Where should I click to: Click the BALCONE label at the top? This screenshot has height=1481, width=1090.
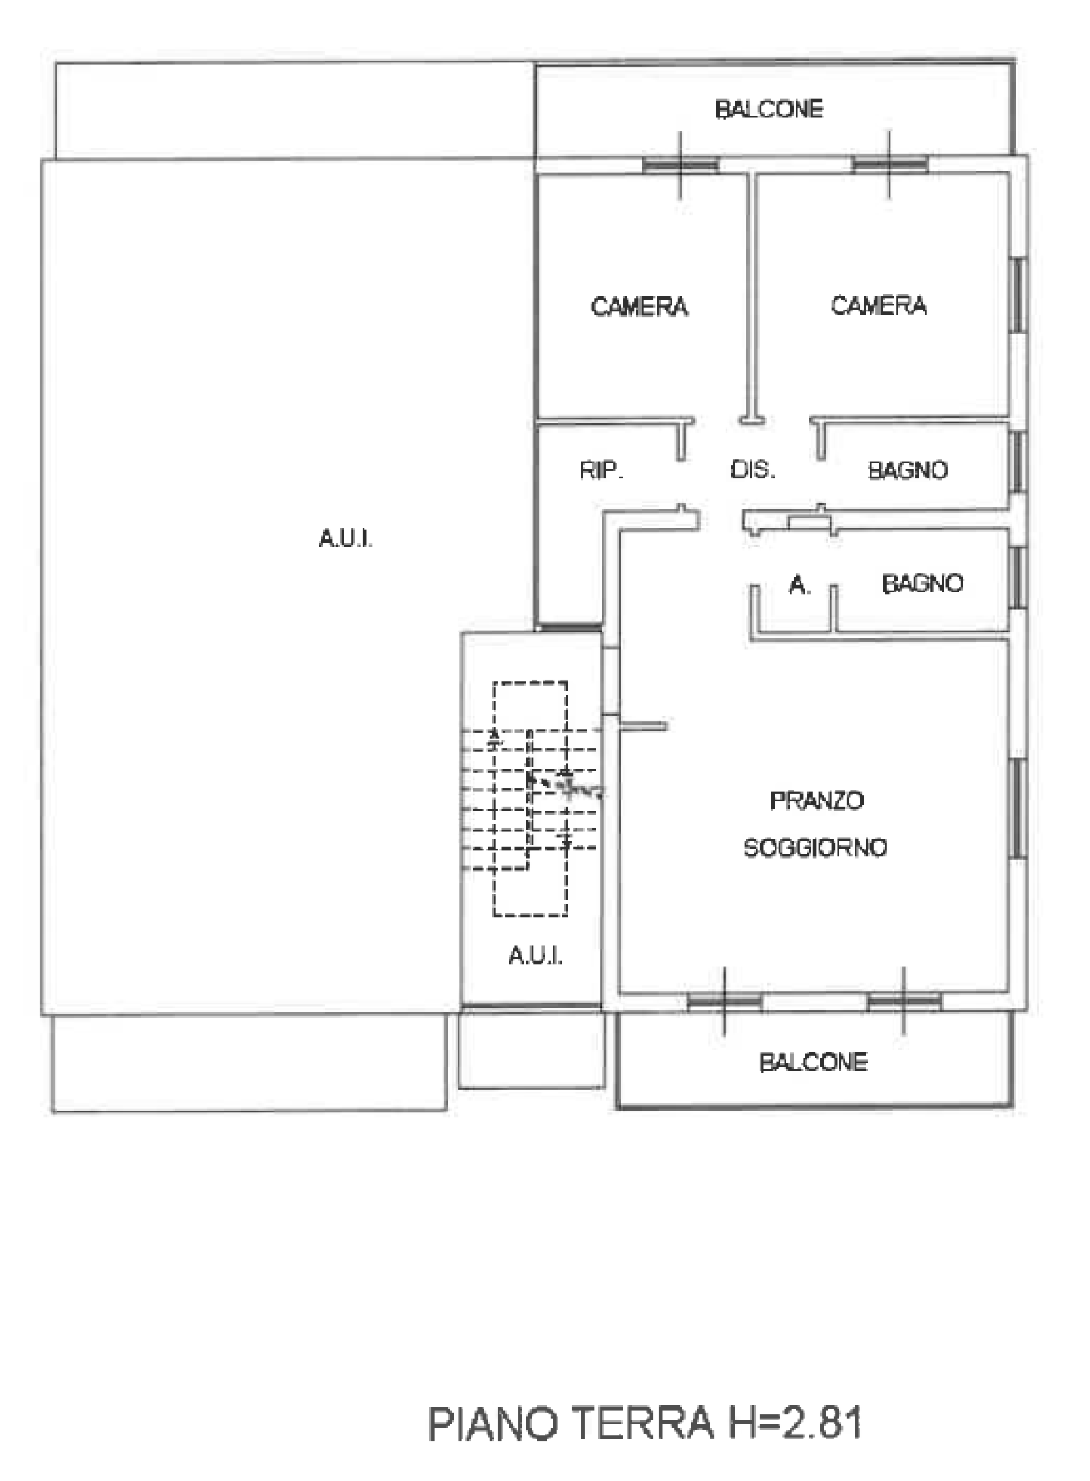769,109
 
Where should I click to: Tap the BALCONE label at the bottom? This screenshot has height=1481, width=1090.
813,1062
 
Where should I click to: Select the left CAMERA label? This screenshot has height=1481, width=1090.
639,307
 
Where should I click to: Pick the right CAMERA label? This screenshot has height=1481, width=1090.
879,305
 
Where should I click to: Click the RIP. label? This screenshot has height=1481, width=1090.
602,470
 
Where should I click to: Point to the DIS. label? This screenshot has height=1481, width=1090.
753,470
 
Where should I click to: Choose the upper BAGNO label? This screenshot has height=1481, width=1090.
908,470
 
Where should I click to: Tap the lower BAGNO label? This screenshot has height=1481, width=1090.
922,583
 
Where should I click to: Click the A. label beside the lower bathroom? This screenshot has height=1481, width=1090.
800,584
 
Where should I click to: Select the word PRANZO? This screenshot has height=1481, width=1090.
817,800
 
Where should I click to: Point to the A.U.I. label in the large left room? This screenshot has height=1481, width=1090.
346,539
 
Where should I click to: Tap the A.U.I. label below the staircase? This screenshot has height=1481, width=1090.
536,956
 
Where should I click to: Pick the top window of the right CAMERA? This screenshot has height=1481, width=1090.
889,164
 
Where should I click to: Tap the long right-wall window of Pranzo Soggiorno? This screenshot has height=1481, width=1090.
1019,808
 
